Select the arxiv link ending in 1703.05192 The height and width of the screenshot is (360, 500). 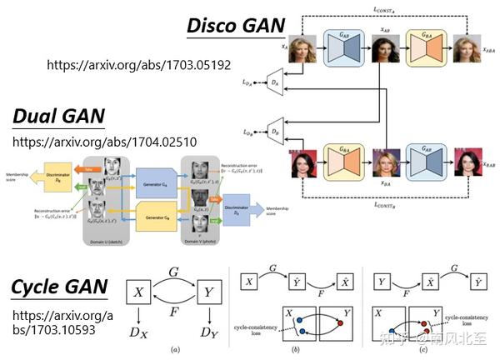[138, 64]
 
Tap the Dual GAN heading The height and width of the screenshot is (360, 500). [58, 117]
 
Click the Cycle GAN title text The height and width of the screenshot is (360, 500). [59, 288]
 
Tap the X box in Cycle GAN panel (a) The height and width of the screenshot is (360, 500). [140, 293]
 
